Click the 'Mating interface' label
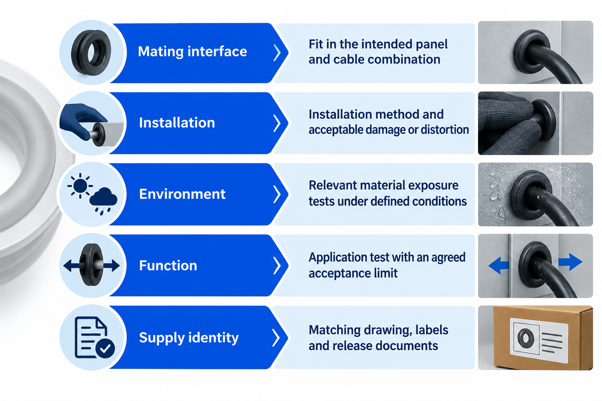click(193, 51)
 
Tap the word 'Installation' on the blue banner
click(177, 123)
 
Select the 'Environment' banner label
click(182, 194)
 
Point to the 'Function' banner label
click(168, 265)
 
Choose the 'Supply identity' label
click(189, 338)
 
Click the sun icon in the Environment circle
click(80, 185)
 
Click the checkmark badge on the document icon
click(105, 348)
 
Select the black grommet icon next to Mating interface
click(91, 53)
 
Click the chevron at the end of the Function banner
click(277, 265)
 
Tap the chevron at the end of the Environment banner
click(277, 194)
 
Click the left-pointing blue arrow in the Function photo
click(499, 265)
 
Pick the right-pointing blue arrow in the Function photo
click(570, 262)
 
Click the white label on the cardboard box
click(539, 340)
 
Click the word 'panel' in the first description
click(431, 45)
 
